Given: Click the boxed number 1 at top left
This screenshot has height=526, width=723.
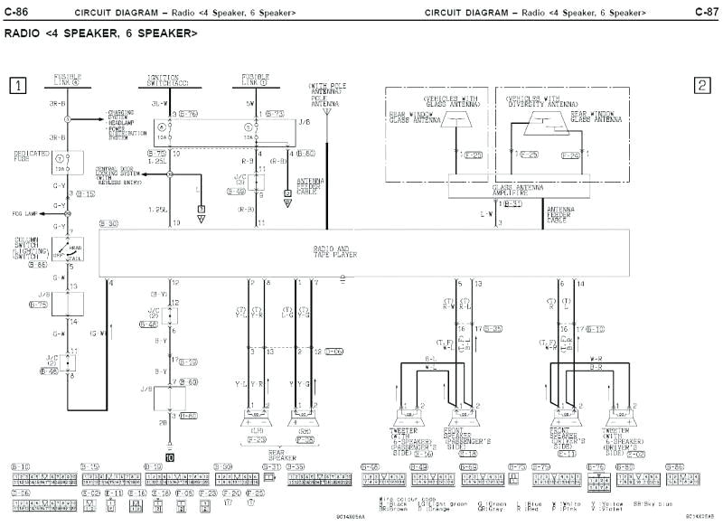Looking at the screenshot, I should click(17, 86).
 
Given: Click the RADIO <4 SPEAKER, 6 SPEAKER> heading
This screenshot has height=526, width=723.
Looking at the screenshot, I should click(101, 33).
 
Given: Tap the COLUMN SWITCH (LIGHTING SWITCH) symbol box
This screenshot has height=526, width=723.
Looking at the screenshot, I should click(66, 249).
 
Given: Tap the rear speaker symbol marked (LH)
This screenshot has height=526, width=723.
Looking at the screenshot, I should click(256, 418).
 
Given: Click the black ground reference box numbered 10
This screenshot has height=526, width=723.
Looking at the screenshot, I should click(170, 457).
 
